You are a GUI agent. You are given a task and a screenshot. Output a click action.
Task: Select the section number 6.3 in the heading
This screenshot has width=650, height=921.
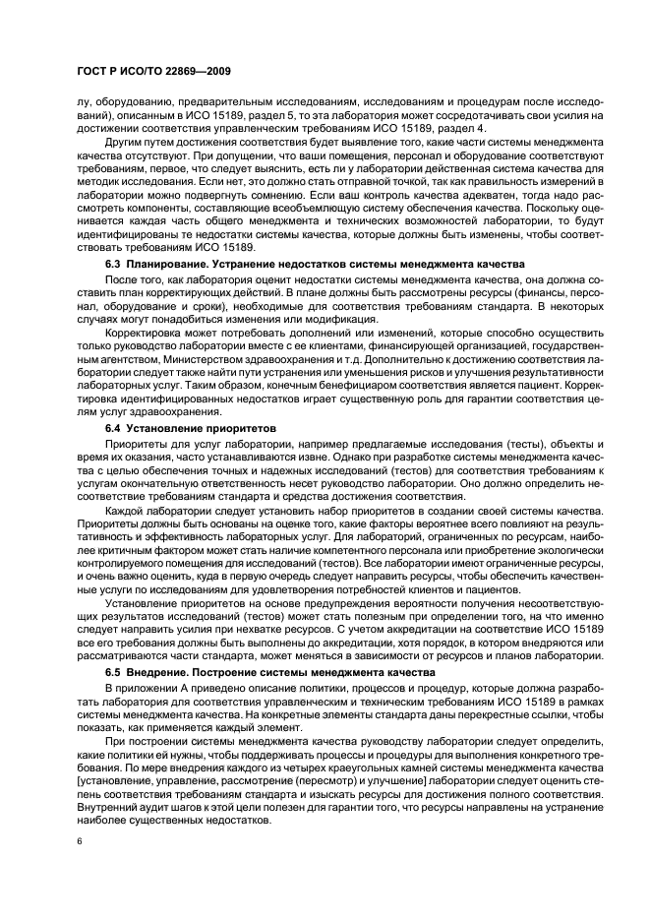(x=116, y=264)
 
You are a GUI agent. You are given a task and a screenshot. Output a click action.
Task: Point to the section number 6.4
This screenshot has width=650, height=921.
(x=116, y=429)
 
